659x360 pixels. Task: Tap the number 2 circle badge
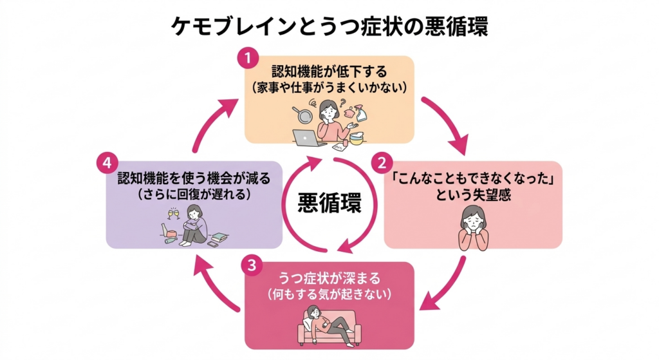point(382,161)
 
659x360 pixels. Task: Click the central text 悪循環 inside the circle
point(329,203)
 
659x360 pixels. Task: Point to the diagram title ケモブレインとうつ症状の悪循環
point(329,26)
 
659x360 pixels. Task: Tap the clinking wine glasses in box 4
point(173,214)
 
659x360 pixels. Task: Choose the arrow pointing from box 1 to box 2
point(447,126)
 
